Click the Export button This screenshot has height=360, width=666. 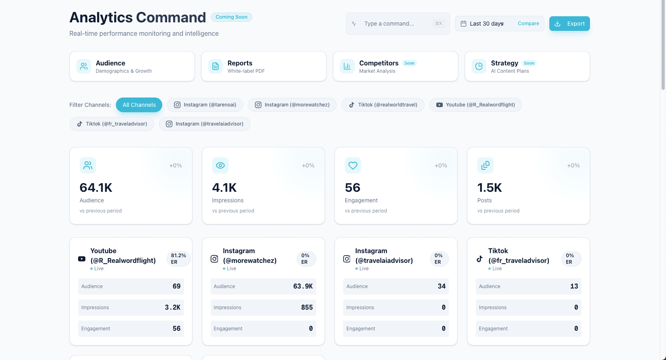(x=569, y=24)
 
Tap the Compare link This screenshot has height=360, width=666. (x=528, y=24)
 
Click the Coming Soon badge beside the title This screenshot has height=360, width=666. (x=231, y=17)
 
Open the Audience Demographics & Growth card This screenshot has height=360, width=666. (x=132, y=66)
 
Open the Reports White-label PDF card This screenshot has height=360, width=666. (x=263, y=66)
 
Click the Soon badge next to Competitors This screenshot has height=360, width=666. (x=409, y=63)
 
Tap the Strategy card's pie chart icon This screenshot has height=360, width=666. (x=479, y=66)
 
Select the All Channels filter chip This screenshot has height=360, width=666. (x=139, y=105)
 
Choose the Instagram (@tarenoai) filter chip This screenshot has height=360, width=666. (x=205, y=105)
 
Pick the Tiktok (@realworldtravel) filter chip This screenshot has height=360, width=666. (x=383, y=105)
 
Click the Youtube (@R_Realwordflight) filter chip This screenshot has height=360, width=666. (x=475, y=105)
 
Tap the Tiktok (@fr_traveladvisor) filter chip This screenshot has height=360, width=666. (x=112, y=124)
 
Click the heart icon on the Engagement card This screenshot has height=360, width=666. (x=353, y=165)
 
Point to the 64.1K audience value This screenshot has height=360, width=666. (x=96, y=188)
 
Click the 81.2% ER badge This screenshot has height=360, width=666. (x=178, y=259)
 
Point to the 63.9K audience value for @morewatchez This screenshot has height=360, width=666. (x=303, y=286)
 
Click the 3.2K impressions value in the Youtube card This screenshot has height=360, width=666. (x=172, y=308)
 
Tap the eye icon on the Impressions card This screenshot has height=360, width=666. (x=220, y=165)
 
